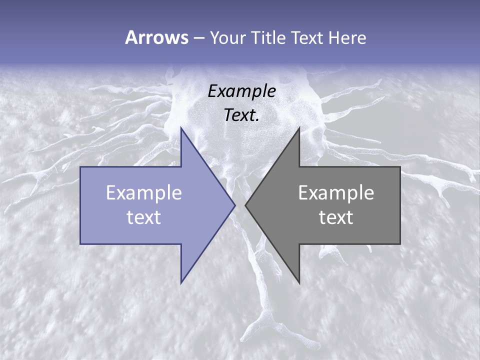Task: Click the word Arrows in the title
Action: tap(156, 37)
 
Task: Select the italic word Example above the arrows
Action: tap(242, 91)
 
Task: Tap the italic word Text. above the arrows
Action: tap(242, 115)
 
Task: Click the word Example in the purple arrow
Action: tap(144, 192)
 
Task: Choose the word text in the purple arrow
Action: tap(144, 217)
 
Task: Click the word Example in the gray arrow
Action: tap(336, 192)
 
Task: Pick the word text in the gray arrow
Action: tap(336, 217)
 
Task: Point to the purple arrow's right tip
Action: tap(234, 205)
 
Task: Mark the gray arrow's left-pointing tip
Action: tap(245, 205)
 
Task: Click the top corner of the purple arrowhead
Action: tap(181, 128)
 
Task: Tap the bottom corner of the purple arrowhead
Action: tap(181, 282)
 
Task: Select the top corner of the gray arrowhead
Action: tap(299, 128)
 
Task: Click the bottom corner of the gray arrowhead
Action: tap(299, 282)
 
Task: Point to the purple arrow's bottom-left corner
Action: tap(80, 244)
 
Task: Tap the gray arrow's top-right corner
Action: tap(400, 167)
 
